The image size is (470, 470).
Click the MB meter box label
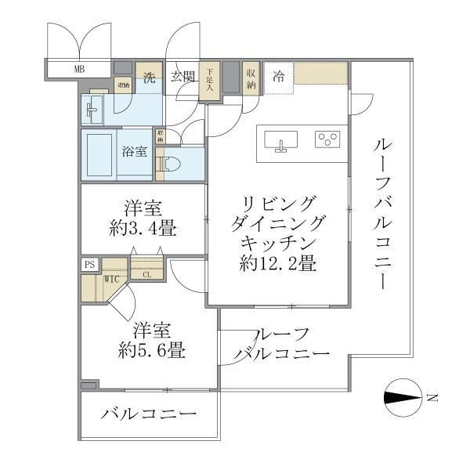79,70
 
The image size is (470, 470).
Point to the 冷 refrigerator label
278,76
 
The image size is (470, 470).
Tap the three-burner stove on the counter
327,139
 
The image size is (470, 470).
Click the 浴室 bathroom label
134,152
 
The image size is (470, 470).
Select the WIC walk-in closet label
110,278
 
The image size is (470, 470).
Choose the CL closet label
146,274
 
